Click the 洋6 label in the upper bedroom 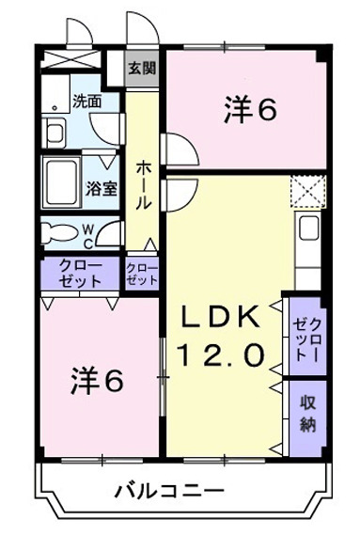249,110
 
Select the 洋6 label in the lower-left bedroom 97,381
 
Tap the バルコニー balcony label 169,491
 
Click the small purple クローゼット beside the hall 143,273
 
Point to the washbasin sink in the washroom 56,130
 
